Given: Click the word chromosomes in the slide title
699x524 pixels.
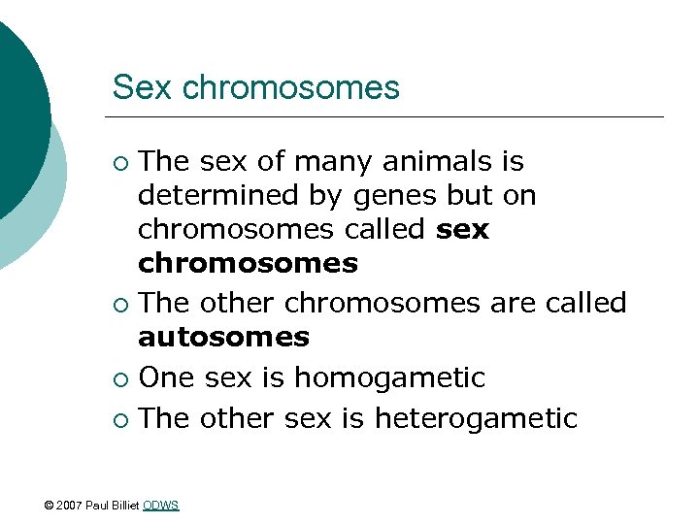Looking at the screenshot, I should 291,88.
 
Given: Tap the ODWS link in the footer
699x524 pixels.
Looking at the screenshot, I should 161,505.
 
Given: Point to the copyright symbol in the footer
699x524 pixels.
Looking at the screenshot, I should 50,505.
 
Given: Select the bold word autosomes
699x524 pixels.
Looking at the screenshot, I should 223,338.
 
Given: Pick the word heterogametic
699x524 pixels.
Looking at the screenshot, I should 476,418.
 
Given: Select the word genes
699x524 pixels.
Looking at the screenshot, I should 397,196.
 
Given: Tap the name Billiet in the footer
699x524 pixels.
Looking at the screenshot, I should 123,505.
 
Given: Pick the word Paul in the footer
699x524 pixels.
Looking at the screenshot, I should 96,505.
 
